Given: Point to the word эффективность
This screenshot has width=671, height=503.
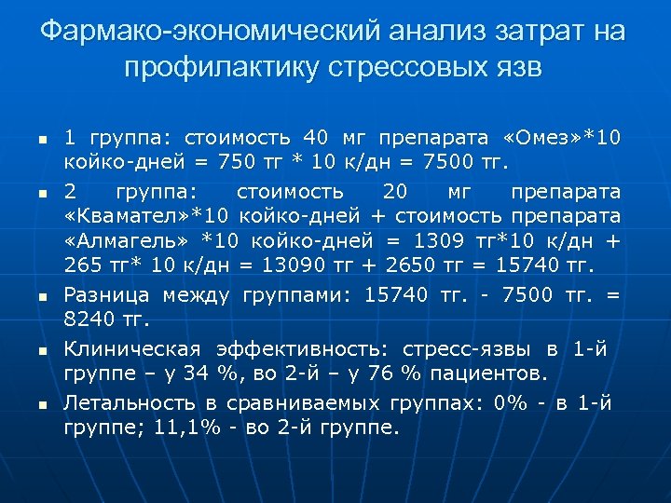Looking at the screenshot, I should (303, 349).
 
